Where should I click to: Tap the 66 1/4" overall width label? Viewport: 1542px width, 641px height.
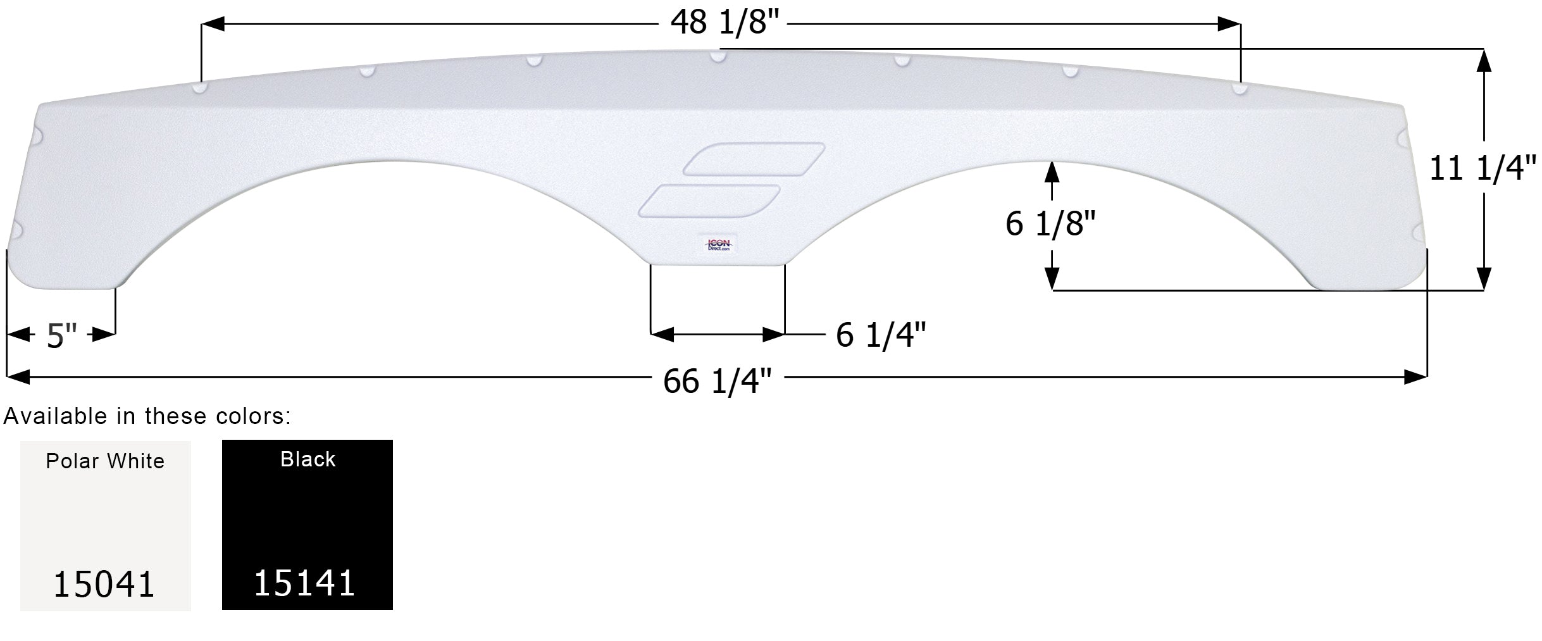(718, 381)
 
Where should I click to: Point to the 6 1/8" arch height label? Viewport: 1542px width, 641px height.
(1050, 223)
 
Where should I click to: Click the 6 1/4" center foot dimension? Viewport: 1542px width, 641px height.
(881, 335)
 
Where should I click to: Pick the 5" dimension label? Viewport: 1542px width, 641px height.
(61, 336)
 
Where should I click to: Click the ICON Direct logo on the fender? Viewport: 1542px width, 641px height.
(718, 245)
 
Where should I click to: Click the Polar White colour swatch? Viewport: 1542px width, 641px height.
(106, 525)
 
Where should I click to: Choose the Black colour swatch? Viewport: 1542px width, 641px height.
(308, 525)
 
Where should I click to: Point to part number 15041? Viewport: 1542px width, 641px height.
(104, 584)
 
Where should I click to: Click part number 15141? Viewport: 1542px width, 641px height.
(304, 583)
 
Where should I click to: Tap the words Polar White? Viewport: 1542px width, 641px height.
(105, 461)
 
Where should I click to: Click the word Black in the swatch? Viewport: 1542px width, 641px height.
(308, 459)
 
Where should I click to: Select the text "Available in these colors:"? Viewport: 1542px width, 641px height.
(147, 416)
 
